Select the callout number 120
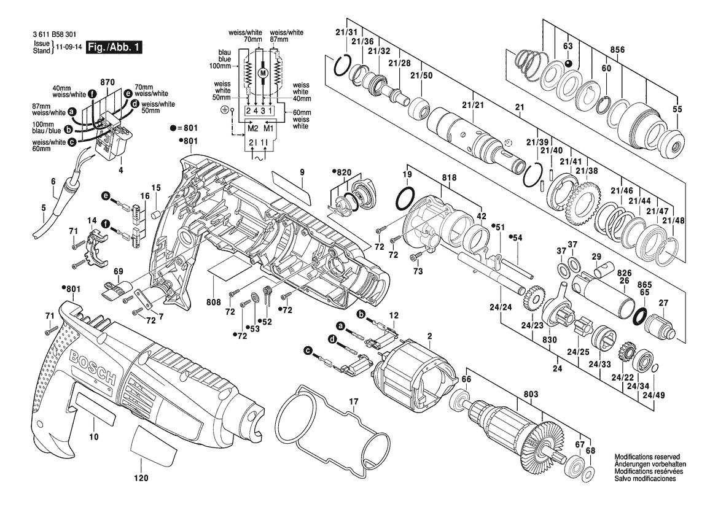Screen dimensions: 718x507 [141, 478]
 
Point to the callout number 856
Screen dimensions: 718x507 [617, 50]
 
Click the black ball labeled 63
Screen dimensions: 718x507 [568, 63]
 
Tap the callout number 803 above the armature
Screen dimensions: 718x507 [531, 394]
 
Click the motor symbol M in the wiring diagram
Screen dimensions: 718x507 [263, 72]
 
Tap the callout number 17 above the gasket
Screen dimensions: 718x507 [354, 402]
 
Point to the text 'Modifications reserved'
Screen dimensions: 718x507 [647, 457]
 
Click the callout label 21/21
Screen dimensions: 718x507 [472, 105]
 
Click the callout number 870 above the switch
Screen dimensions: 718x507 [107, 82]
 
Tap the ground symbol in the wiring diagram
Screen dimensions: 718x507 [224, 110]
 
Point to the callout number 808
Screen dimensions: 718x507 [213, 302]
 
